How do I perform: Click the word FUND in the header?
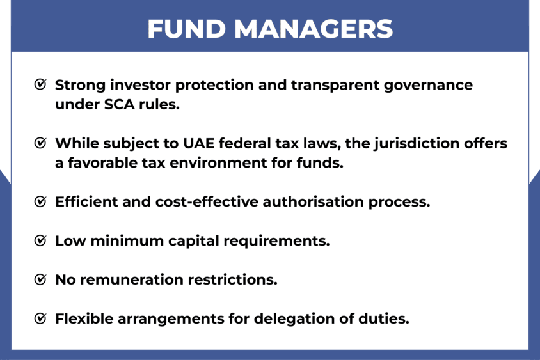pyautogui.click(x=187, y=29)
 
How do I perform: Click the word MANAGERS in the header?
pyautogui.click(x=314, y=29)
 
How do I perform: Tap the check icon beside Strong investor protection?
pyautogui.click(x=40, y=84)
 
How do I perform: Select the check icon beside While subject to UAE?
pyautogui.click(x=40, y=143)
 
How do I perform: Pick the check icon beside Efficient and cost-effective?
pyautogui.click(x=40, y=201)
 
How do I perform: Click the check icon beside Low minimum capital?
pyautogui.click(x=40, y=240)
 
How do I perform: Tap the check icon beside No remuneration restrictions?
pyautogui.click(x=40, y=279)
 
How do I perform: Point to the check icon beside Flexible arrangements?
pyautogui.click(x=40, y=318)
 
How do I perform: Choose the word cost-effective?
pyautogui.click(x=207, y=201)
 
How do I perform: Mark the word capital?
pyautogui.click(x=194, y=241)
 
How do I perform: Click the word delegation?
pyautogui.click(x=294, y=319)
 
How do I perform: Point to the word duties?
pyautogui.click(x=384, y=318)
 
